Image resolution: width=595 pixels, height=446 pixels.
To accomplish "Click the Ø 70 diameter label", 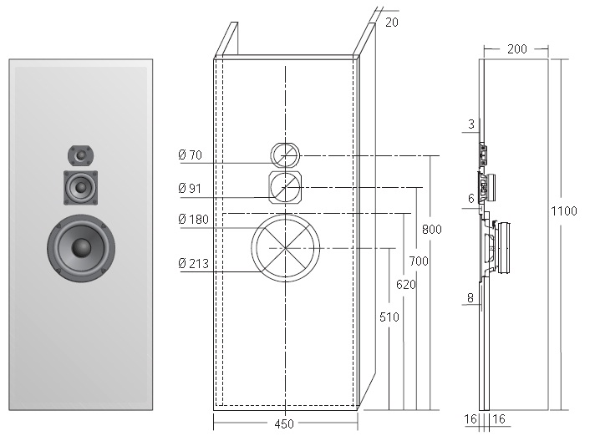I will tap(191, 155).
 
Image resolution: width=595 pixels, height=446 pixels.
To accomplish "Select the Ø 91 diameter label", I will tap(191, 189).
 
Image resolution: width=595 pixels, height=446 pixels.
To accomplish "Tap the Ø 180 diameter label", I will tap(193, 220).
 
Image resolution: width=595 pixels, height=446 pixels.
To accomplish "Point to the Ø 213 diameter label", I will tap(193, 265).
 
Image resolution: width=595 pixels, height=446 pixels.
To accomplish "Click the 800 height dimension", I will tap(431, 229).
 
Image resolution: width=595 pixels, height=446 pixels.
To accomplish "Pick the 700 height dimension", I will tap(419, 261).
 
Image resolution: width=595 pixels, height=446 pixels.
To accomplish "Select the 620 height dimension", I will tap(405, 285).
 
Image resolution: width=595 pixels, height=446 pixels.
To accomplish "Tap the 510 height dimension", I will tap(389, 317).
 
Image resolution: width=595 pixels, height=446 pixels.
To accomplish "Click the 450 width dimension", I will tap(284, 424).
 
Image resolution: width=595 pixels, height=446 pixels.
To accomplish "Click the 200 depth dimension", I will tap(516, 49).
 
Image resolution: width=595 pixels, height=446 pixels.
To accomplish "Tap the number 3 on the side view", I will tap(471, 124).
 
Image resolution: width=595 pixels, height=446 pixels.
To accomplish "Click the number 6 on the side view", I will tap(471, 198).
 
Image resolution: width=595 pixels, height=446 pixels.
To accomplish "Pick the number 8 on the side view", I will tap(470, 296).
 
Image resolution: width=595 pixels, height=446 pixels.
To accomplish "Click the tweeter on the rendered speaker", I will tap(81, 155).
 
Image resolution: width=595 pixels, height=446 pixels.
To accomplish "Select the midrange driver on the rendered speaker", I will tap(81, 187).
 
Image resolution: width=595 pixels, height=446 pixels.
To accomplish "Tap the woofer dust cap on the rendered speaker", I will tap(81, 247).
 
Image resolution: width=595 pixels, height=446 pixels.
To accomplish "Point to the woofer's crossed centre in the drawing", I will tap(285, 248).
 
